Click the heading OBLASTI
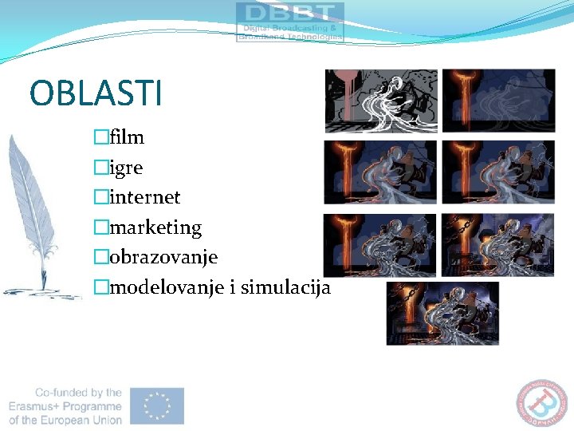(x=95, y=93)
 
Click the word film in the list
(x=127, y=137)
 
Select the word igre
(x=127, y=168)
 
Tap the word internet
(x=144, y=197)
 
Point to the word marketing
(x=155, y=227)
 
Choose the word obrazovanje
(x=163, y=258)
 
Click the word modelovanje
(x=167, y=288)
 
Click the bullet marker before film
(x=100, y=137)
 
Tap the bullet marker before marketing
(x=100, y=227)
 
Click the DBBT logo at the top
(x=290, y=22)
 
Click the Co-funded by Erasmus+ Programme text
(x=66, y=406)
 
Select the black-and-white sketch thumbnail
(x=380, y=101)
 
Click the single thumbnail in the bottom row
(x=442, y=314)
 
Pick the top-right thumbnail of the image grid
(x=498, y=101)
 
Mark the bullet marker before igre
(x=100, y=168)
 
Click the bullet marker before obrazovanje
(x=100, y=258)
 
